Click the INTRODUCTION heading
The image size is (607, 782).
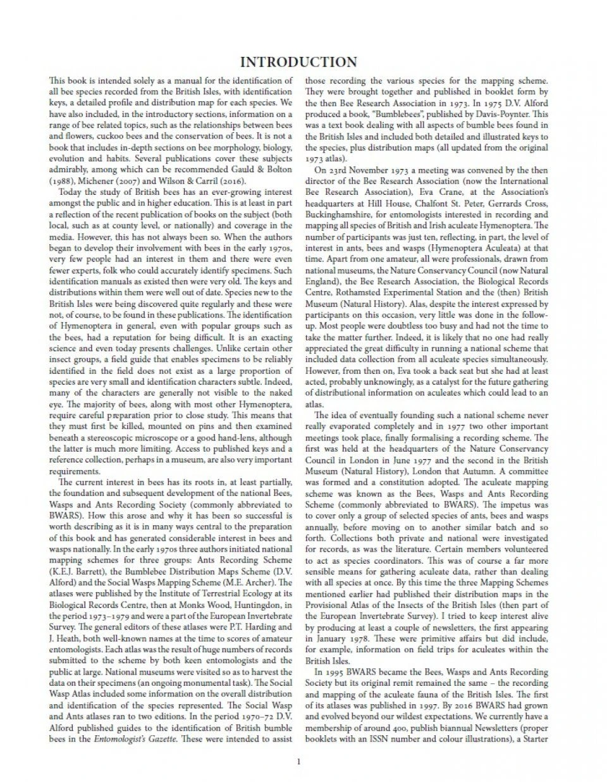298,62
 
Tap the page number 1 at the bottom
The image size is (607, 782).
298,761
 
